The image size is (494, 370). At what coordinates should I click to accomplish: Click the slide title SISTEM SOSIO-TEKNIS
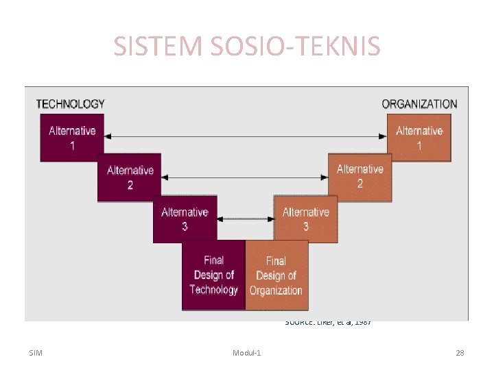point(246,47)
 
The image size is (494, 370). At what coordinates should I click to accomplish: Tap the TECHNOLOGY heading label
point(70,104)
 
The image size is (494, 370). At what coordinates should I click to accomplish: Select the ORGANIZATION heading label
point(419,104)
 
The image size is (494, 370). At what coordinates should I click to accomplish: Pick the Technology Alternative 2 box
point(130,177)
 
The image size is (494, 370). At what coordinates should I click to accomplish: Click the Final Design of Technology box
point(213,275)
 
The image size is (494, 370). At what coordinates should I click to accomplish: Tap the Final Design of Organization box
point(276,275)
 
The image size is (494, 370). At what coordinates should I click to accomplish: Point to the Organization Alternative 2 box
point(360,177)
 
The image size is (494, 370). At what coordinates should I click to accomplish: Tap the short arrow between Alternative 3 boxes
point(244,219)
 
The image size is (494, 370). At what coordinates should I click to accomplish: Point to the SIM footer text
point(36,353)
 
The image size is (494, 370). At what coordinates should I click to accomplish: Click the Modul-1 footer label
point(251,353)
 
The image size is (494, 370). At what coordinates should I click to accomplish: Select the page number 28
point(460,353)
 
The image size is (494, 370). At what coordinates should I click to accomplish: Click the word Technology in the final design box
point(213,290)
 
